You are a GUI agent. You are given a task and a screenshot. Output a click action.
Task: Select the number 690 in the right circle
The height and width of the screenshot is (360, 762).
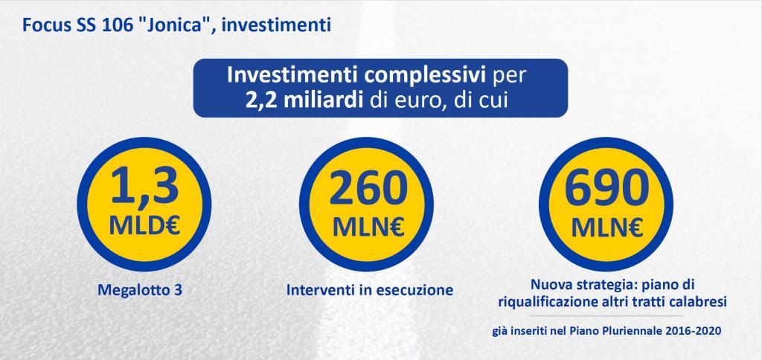[x=607, y=188]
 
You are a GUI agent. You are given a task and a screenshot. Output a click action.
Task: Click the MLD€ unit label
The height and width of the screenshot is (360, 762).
[x=144, y=225]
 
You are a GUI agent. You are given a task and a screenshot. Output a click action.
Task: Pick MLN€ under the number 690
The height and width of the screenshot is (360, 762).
[x=607, y=226]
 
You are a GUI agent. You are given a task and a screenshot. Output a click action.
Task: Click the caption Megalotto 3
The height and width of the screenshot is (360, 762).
[x=140, y=291]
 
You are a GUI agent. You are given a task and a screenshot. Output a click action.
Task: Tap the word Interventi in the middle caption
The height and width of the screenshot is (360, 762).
[x=313, y=290]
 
